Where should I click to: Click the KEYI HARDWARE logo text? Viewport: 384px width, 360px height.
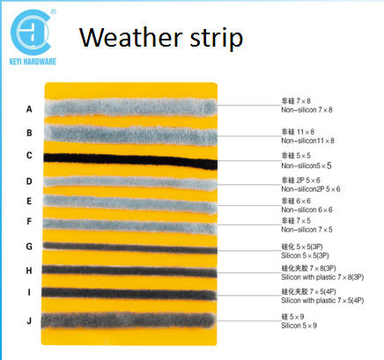(33, 62)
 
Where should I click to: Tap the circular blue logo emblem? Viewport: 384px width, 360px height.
(30, 33)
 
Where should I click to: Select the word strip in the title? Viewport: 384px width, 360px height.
(217, 38)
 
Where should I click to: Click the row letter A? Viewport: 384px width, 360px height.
(29, 109)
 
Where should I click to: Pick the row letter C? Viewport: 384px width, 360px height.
(29, 155)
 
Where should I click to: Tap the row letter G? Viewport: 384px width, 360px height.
(29, 246)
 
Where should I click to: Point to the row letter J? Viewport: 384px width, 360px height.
(29, 320)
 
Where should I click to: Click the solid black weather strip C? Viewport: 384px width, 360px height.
(130, 160)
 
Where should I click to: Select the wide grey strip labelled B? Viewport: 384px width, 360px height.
(131, 135)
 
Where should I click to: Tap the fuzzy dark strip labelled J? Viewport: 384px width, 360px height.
(129, 320)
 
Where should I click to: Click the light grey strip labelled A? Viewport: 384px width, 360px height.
(131, 107)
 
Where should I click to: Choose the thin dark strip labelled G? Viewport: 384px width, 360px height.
(130, 248)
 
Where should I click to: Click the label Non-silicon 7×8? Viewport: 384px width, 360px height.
(306, 110)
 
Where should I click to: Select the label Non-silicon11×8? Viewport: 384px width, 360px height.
(307, 141)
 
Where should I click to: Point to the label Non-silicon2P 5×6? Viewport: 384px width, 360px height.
(311, 189)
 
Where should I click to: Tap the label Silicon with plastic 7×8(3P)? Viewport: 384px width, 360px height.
(322, 277)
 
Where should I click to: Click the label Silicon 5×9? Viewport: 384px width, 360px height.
(299, 326)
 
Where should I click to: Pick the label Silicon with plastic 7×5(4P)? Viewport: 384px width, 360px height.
(322, 301)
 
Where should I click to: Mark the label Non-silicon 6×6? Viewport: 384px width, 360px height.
(306, 209)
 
